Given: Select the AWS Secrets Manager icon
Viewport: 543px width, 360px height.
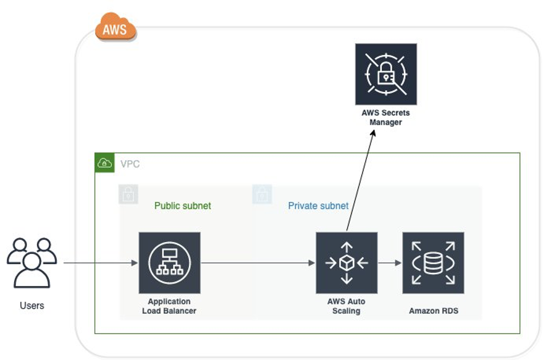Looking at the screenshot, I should (x=385, y=74).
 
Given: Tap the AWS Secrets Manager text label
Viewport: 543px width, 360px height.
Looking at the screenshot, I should (x=385, y=118).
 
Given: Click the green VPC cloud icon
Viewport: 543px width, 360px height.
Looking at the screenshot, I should (x=104, y=163).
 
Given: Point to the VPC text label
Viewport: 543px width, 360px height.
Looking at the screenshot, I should (x=130, y=164).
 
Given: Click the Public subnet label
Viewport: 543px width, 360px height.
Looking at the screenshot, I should (x=182, y=206).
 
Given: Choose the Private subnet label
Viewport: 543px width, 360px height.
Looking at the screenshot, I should (x=318, y=206).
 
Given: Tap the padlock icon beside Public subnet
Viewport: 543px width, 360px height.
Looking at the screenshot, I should (x=128, y=195).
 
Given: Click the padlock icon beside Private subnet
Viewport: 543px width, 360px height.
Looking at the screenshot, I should (x=263, y=195).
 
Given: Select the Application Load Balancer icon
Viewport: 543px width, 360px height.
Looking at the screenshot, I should (x=169, y=262).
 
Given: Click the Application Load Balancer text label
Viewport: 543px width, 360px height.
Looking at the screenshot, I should (x=169, y=306).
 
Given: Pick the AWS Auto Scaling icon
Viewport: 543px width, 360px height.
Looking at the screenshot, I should (x=346, y=262).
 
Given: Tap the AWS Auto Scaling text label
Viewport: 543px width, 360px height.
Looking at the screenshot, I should (x=346, y=306).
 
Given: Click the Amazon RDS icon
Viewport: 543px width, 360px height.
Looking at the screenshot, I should (x=433, y=262).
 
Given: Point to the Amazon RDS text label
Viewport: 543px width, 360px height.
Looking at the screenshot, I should (x=433, y=311).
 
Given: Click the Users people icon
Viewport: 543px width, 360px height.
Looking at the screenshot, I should (x=32, y=262).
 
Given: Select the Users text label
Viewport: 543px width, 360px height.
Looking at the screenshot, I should (x=32, y=306).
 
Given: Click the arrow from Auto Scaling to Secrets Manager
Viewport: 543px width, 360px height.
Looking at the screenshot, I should (x=360, y=179).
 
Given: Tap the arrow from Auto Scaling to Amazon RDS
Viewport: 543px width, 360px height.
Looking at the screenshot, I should (x=389, y=263).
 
